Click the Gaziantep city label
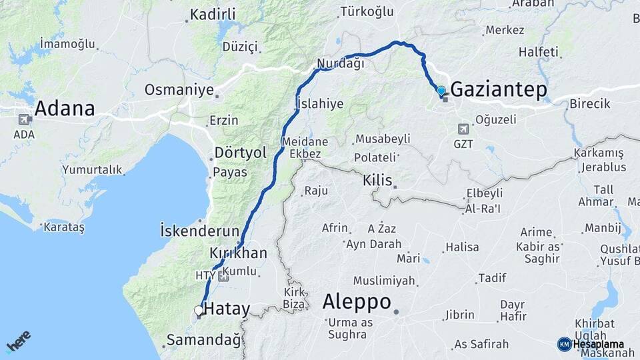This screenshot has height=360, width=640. (499, 90)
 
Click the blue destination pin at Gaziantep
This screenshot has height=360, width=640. (441, 91)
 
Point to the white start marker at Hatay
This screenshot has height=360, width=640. (198, 310)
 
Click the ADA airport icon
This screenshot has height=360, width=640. (24, 119)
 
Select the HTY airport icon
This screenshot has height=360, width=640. (223, 275)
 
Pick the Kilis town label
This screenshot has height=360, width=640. (377, 181)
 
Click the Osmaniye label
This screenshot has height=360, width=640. (179, 90)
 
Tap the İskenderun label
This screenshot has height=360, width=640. (199, 231)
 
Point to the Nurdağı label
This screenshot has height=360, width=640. (341, 64)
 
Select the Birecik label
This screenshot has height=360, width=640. (590, 104)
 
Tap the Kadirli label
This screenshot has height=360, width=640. (214, 14)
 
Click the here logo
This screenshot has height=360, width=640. (19, 341)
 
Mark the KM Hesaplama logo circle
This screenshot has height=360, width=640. (564, 344)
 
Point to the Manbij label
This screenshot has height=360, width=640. (603, 229)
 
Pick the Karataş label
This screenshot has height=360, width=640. (64, 227)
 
